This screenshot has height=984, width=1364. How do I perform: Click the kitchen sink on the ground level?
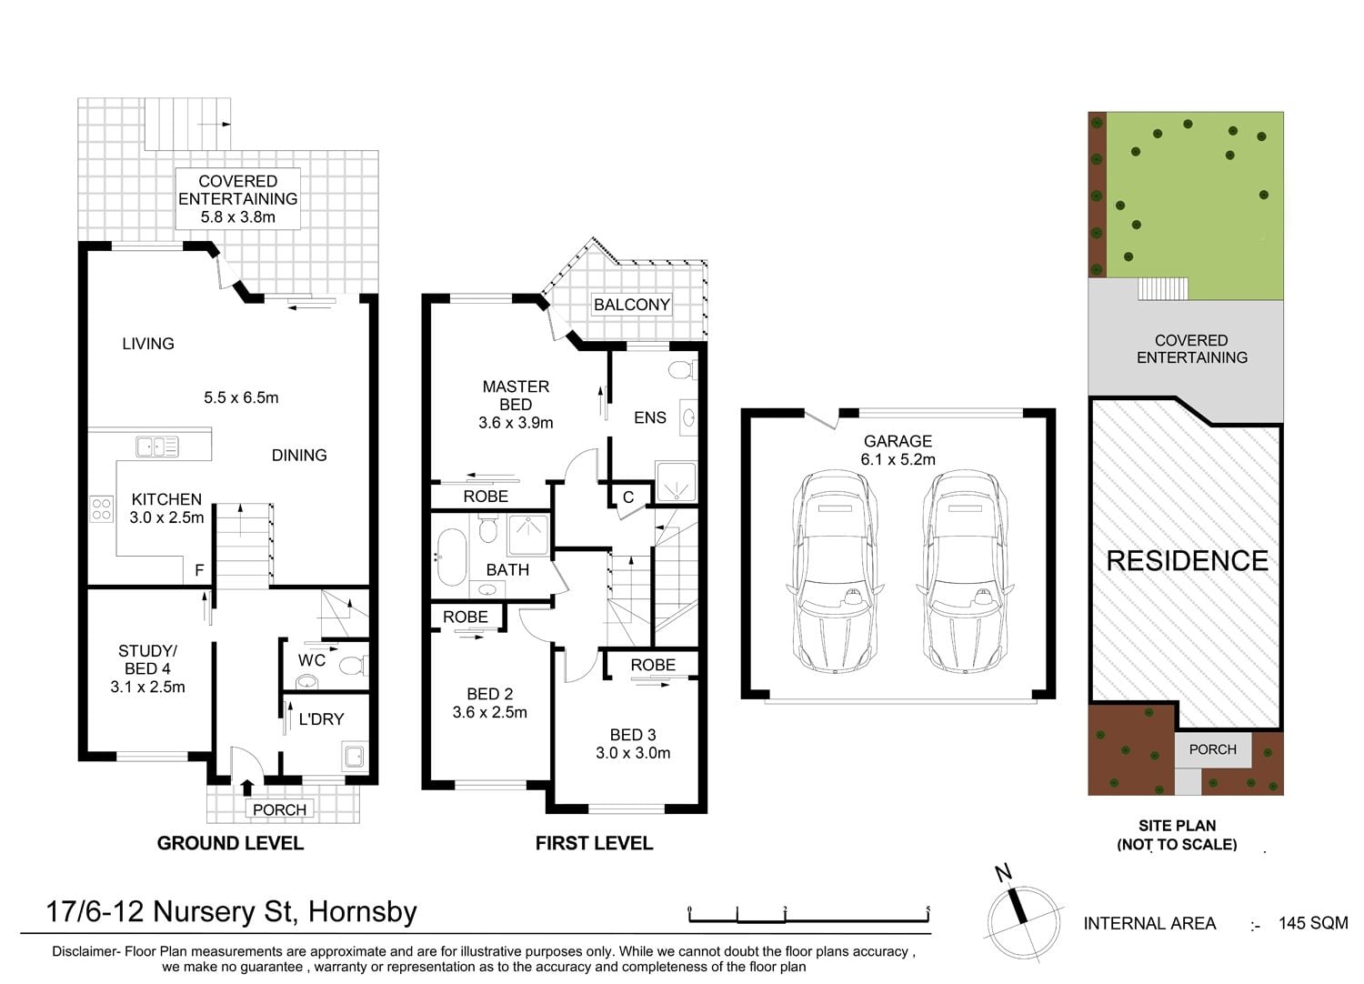click(157, 447)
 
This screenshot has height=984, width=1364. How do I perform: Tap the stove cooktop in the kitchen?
click(102, 509)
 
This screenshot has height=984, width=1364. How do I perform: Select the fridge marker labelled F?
click(199, 570)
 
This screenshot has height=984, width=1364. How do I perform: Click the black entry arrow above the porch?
click(246, 788)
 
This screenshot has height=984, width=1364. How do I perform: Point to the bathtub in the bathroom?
click(452, 557)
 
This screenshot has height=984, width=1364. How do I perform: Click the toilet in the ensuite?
click(683, 369)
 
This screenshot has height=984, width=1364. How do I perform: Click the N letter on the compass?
click(1002, 872)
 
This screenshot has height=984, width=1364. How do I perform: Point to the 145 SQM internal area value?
click(1313, 923)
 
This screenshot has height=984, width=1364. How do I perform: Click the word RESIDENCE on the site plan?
click(1187, 561)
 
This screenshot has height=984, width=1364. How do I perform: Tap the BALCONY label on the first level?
click(631, 305)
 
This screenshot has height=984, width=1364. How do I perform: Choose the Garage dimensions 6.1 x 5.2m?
click(898, 459)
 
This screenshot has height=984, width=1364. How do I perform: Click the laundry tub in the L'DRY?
click(355, 756)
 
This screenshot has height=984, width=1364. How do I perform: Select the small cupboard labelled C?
click(628, 497)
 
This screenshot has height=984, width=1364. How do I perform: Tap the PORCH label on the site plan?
click(1212, 749)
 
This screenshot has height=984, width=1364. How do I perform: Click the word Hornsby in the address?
click(362, 912)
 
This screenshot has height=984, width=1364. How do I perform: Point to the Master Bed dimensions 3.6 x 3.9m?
click(516, 423)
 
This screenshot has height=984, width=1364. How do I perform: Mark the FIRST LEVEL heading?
click(594, 843)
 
